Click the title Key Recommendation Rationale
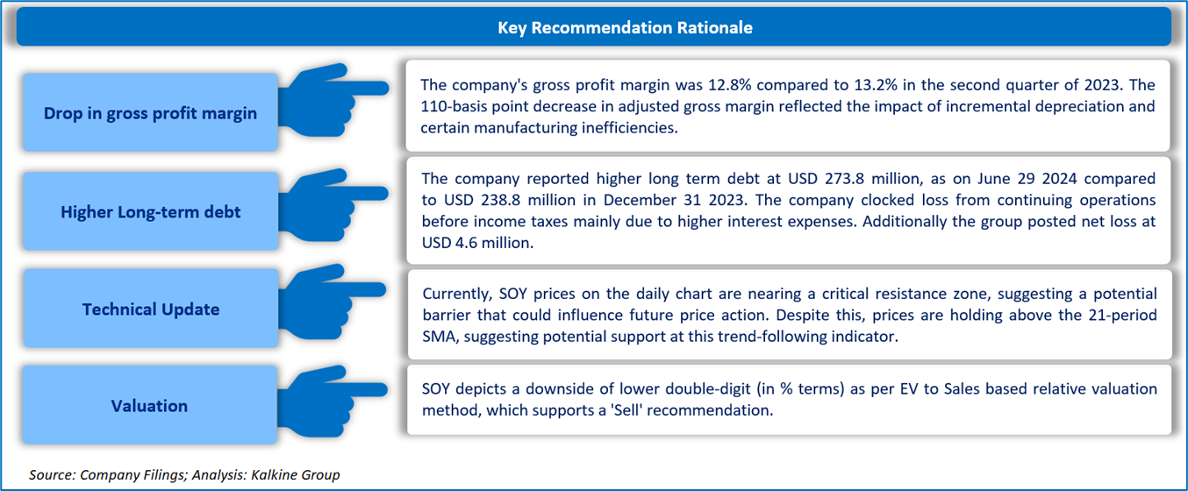tap(625, 27)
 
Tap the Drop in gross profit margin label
tap(150, 113)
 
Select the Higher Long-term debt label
tap(151, 211)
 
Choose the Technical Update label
tap(151, 309)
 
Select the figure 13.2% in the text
tap(876, 85)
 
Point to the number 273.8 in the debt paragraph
tap(845, 179)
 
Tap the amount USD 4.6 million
tap(476, 243)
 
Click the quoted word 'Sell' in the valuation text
tap(626, 410)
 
